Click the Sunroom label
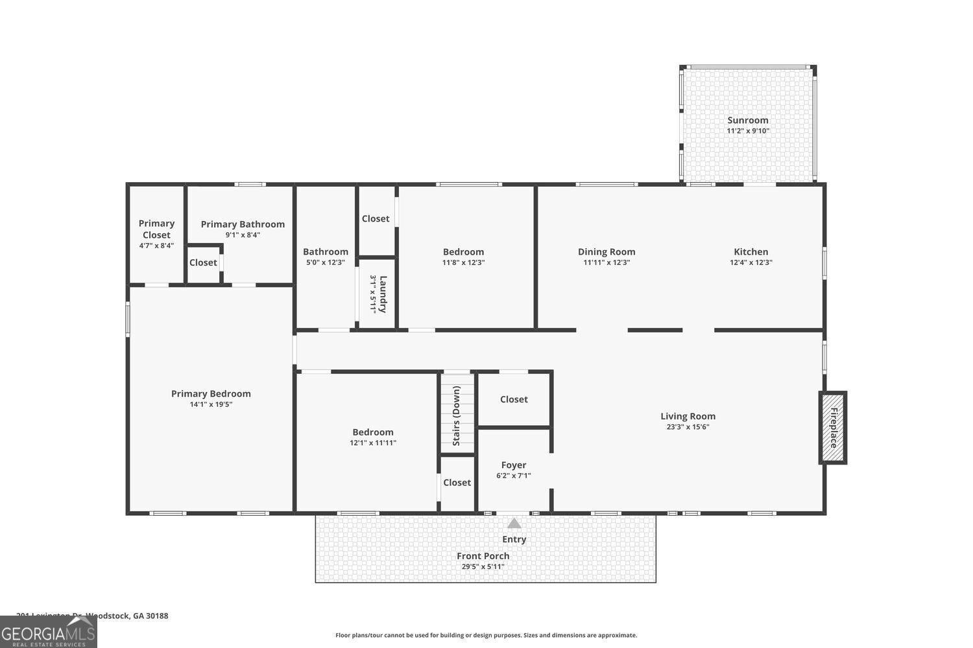click(747, 120)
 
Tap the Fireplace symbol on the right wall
click(834, 428)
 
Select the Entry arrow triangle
click(514, 524)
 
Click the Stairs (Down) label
click(457, 415)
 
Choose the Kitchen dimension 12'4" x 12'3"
click(751, 262)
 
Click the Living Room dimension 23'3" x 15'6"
click(688, 427)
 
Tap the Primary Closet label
click(156, 229)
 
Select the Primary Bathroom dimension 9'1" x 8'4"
click(243, 235)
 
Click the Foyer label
click(513, 465)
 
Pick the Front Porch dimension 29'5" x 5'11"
click(483, 566)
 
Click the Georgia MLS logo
click(49, 632)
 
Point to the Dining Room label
click(607, 251)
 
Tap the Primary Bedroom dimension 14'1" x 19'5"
click(211, 404)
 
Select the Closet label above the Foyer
click(514, 399)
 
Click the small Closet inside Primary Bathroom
click(203, 262)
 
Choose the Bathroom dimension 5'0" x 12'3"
click(325, 262)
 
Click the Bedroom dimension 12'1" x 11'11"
click(372, 443)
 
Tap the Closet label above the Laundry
click(376, 218)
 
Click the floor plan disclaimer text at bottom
click(486, 635)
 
